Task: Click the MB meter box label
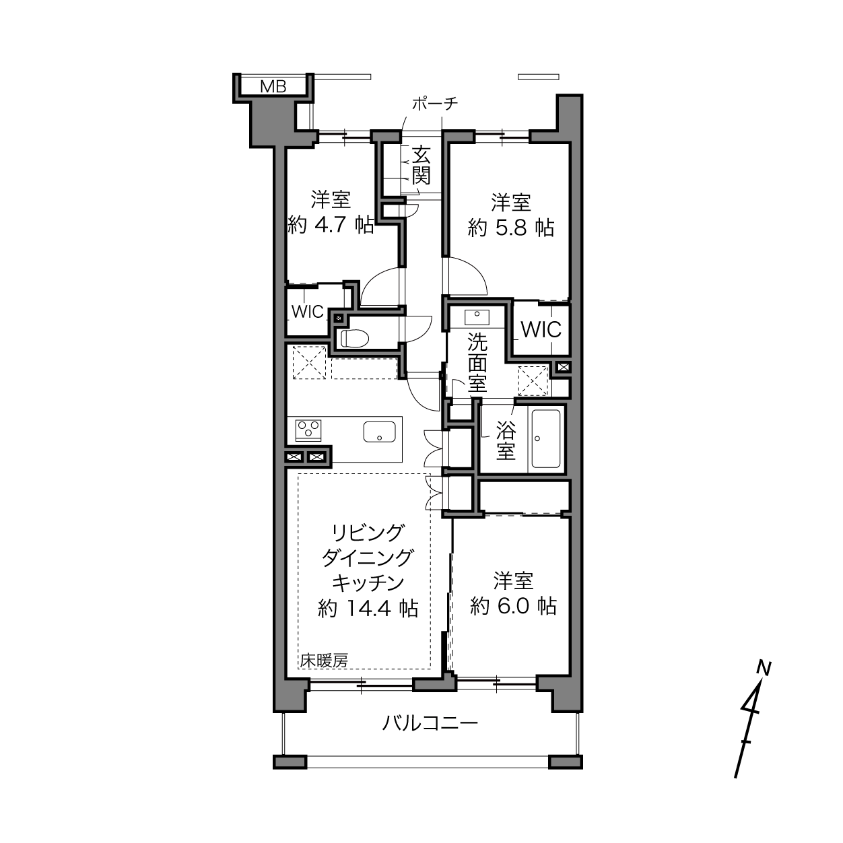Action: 273,87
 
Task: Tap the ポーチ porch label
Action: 435,104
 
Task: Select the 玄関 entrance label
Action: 421,166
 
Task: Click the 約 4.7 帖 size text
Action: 331,226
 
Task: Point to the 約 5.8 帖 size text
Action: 511,228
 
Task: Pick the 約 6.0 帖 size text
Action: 514,607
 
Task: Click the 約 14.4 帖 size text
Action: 368,608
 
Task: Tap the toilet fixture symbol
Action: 355,338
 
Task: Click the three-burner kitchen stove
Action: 308,430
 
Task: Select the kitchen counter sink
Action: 379,432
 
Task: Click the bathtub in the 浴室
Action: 546,438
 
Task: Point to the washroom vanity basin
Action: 477,316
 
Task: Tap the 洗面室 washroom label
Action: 477,363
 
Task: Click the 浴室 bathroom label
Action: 506,440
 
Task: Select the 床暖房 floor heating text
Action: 324,660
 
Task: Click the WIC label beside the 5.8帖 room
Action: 541,330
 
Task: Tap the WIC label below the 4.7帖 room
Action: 308,312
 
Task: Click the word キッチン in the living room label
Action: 368,583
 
